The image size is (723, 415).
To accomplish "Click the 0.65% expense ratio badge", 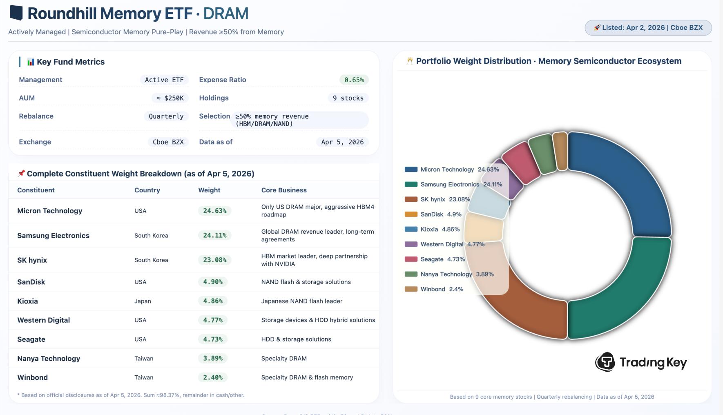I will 354,80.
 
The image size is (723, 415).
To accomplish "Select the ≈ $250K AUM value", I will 170,98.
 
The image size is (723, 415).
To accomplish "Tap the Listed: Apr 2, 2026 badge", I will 648,28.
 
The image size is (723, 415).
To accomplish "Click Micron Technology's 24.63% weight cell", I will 214,211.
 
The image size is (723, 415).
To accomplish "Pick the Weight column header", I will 209,190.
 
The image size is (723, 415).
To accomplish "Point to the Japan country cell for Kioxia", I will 143,301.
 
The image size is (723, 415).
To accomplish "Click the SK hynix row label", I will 32,260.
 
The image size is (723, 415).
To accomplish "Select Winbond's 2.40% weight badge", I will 213,377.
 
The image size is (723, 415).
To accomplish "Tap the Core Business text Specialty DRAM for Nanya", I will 284,358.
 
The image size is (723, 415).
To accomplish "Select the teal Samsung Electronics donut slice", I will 625,294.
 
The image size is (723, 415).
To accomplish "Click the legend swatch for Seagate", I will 411,259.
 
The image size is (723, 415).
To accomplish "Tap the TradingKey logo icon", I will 605,362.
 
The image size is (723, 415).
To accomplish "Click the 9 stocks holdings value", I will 348,98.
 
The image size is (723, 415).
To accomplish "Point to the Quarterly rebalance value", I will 166,116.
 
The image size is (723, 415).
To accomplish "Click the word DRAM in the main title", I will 226,13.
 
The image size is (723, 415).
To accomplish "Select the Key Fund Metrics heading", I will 70,62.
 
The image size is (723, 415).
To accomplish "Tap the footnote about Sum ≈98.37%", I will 131,395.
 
